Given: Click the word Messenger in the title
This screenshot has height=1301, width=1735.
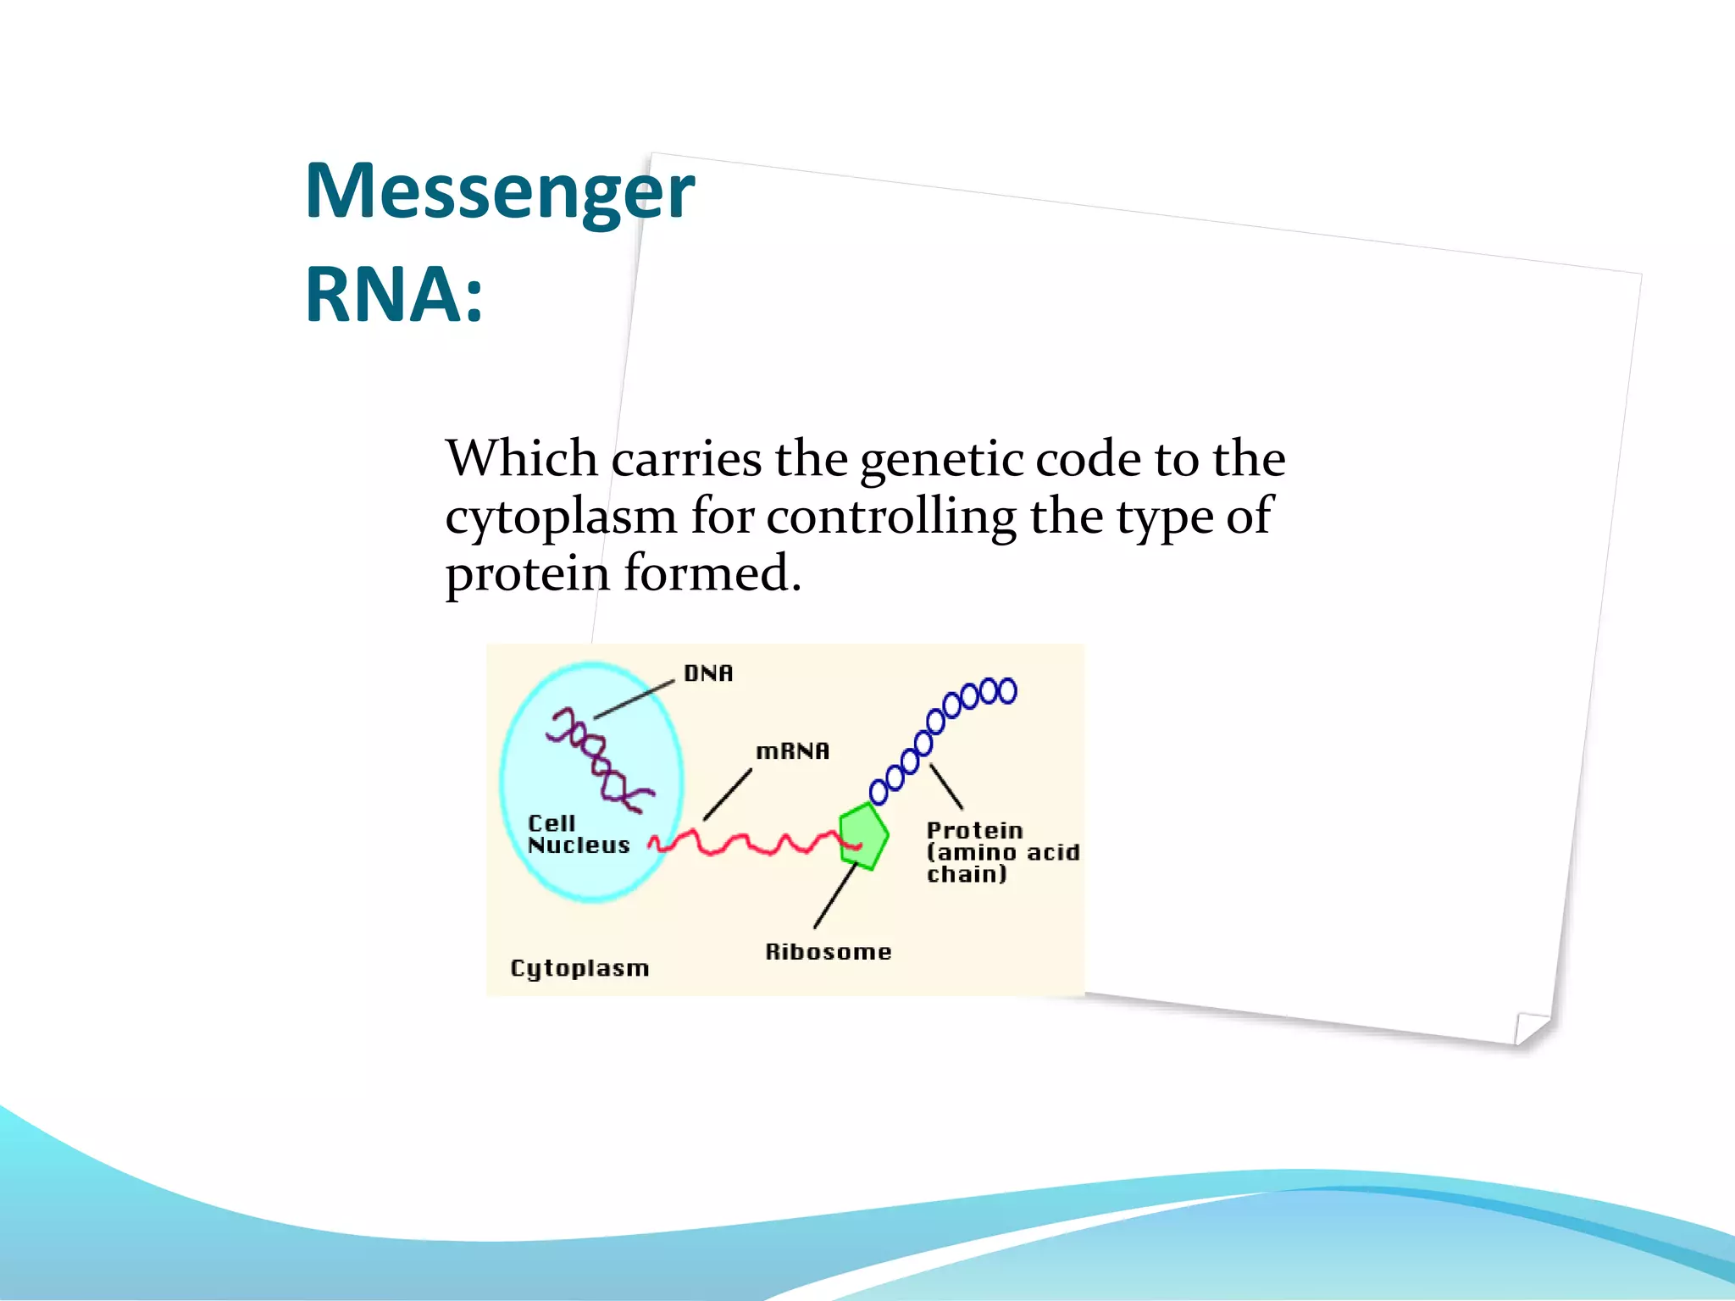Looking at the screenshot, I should click(499, 191).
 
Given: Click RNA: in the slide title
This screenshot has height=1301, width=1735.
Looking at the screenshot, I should click(394, 295).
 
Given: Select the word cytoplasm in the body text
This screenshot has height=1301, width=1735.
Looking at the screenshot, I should click(561, 517).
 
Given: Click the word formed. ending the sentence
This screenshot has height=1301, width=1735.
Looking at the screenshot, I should click(712, 573).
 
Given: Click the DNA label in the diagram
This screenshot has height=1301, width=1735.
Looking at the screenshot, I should click(708, 673).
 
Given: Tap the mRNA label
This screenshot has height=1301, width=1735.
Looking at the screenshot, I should click(792, 751).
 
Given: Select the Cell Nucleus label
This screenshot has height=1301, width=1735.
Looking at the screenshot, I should click(578, 834).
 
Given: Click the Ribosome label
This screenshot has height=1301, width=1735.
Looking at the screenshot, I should click(828, 952).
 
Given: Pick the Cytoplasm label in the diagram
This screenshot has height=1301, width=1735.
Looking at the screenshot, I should click(579, 968).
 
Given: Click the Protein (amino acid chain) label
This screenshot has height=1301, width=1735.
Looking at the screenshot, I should click(1001, 852).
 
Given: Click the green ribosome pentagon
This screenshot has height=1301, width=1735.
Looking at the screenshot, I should click(864, 833).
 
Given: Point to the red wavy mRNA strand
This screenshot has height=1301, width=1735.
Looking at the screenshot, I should click(754, 843).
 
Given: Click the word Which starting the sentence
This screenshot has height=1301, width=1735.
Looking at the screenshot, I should click(522, 459).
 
